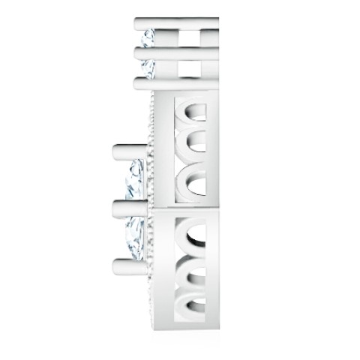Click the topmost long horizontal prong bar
click(177, 22)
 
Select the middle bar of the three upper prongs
click(177, 52)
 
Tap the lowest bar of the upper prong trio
click(177, 82)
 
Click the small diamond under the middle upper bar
click(148, 67)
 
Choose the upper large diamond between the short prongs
click(136, 178)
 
